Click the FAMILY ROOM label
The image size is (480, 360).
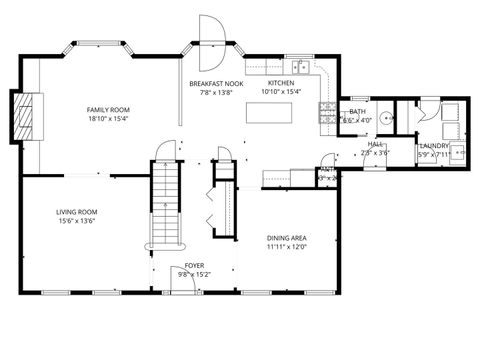click(108, 109)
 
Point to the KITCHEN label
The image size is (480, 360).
click(281, 83)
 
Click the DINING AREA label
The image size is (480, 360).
click(286, 238)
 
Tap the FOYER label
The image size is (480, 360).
click(194, 265)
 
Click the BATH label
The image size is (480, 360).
click(357, 112)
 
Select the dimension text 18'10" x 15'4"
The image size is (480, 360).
click(108, 118)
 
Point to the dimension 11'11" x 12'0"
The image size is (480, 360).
click(286, 247)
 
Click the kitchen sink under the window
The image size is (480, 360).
click(293, 66)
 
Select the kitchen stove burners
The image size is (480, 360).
click(327, 112)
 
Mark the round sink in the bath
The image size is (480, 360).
click(386, 116)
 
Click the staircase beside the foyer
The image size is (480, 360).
click(162, 205)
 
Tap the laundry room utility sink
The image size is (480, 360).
click(456, 152)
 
